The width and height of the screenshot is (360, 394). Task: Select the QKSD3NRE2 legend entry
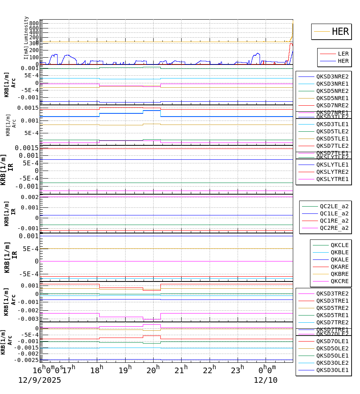point(332,76)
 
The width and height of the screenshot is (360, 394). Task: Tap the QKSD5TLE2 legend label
point(332,131)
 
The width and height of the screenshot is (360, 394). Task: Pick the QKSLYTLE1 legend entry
point(332,165)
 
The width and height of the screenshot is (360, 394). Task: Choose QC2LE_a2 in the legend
point(334,206)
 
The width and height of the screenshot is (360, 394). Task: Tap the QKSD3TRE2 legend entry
point(332,293)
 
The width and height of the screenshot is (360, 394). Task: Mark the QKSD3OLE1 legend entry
point(332,370)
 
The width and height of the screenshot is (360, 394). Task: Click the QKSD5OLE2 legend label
point(332,348)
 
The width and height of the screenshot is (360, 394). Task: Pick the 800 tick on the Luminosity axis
point(34,23)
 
